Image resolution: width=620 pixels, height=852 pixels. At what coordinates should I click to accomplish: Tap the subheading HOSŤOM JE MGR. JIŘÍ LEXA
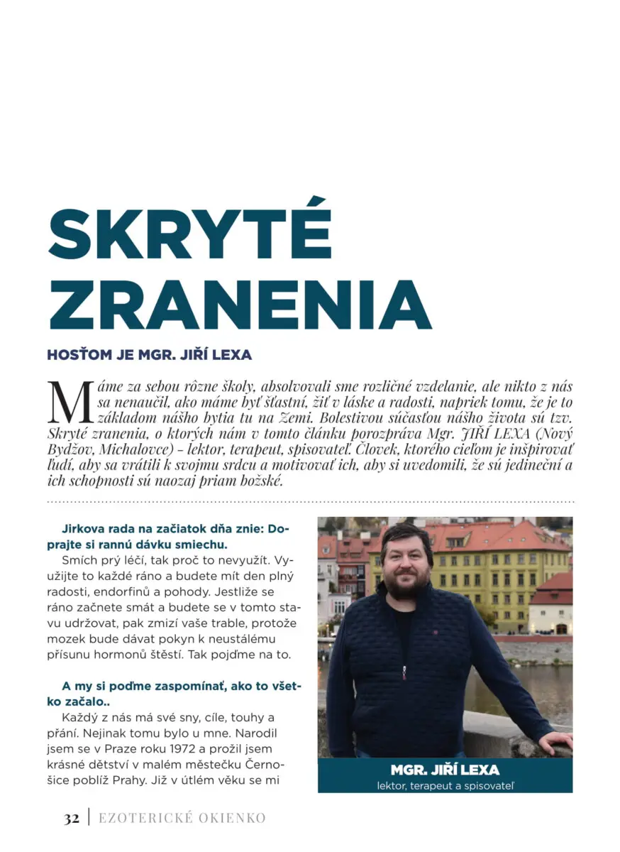(x=149, y=354)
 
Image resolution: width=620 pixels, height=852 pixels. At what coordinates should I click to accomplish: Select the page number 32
(x=72, y=818)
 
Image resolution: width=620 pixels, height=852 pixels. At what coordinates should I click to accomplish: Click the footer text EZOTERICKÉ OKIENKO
(x=182, y=818)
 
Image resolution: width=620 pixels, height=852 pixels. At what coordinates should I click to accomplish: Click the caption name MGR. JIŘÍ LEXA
(x=445, y=770)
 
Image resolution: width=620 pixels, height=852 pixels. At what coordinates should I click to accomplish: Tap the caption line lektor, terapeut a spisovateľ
(x=445, y=786)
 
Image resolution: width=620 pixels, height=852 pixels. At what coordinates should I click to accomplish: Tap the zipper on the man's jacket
(x=404, y=670)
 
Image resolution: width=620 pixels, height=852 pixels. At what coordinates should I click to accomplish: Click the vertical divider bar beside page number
(x=89, y=818)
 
